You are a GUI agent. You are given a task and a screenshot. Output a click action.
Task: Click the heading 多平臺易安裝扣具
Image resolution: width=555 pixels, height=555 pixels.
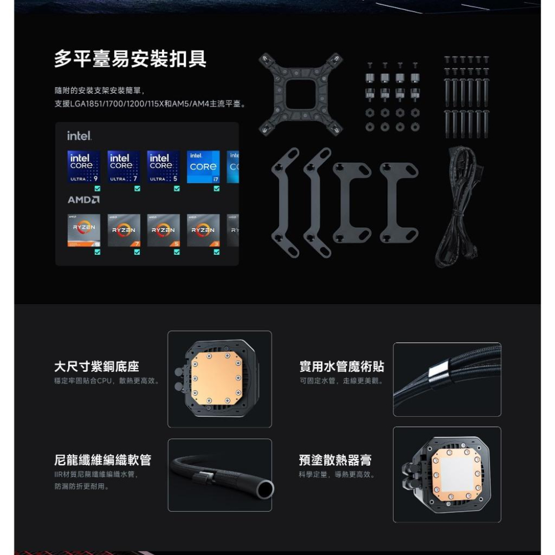130,59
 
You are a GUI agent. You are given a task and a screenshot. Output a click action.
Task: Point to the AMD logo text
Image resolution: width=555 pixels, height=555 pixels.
84,199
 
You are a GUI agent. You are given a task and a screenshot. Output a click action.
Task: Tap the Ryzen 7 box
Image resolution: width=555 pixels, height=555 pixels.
124,230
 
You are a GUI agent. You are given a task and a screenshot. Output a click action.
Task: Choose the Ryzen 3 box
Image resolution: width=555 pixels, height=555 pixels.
203,230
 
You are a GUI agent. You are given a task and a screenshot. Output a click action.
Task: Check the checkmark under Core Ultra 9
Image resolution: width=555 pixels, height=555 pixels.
98,189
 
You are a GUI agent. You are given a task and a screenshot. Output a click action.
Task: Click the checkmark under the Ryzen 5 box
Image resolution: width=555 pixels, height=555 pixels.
177,252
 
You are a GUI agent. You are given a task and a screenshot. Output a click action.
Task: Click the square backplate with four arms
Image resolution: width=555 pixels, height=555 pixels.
300,94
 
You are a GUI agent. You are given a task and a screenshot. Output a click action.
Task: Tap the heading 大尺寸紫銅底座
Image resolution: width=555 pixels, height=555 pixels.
97,367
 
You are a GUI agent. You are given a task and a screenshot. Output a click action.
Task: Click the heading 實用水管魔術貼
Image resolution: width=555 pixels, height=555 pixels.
341,367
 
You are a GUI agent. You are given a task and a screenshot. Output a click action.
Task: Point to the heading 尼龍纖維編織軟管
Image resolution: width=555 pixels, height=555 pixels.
103,460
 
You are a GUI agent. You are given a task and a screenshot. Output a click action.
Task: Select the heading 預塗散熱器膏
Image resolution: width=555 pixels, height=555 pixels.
335,460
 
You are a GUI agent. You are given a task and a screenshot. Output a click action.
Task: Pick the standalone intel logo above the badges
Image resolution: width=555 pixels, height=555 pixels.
79,136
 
